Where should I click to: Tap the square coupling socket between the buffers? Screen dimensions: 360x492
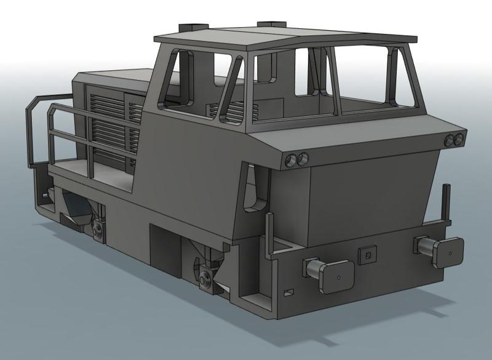(x=367, y=253)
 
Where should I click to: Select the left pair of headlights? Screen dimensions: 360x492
(x=298, y=161)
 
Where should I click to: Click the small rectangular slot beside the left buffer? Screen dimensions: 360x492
(x=288, y=290)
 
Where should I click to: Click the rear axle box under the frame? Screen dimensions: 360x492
(x=98, y=229)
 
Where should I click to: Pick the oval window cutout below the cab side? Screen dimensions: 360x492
(x=252, y=188)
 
